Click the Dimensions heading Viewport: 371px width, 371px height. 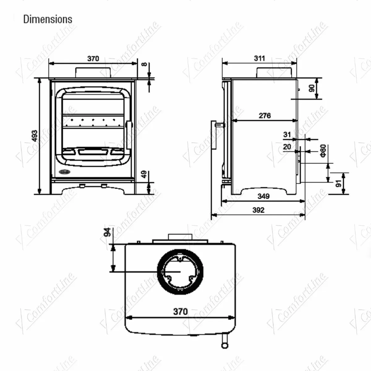(x=48, y=19)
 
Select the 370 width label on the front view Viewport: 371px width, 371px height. (x=93, y=58)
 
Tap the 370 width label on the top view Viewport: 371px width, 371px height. (x=180, y=311)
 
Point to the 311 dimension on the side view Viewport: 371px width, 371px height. (x=259, y=58)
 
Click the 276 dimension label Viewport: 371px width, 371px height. (x=265, y=116)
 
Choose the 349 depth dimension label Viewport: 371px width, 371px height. (x=263, y=196)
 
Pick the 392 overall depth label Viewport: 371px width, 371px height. (x=258, y=210)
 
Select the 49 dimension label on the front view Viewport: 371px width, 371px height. (x=143, y=174)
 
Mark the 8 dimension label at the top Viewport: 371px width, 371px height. (x=143, y=65)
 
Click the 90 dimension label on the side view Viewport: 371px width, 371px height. (x=311, y=88)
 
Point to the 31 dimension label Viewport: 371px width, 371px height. (x=287, y=134)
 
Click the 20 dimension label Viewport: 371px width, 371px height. (x=287, y=147)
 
